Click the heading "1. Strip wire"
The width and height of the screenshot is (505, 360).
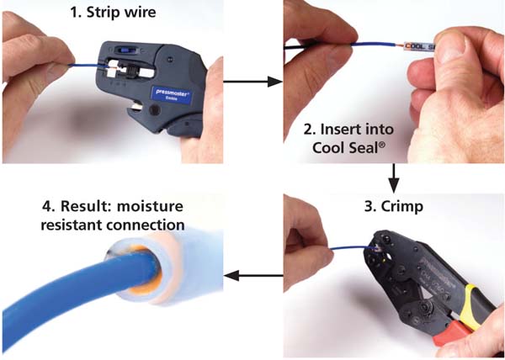[x=113, y=13]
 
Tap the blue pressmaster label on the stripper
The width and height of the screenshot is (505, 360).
[x=173, y=96]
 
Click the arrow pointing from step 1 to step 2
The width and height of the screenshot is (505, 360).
[x=252, y=82]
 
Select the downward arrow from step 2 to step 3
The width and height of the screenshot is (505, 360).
[x=394, y=178]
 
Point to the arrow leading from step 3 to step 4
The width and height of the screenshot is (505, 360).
[x=253, y=275]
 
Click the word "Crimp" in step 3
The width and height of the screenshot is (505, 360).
[x=402, y=207]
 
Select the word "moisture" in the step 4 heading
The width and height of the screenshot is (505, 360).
[x=150, y=206]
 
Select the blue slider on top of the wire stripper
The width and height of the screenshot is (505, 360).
[x=122, y=50]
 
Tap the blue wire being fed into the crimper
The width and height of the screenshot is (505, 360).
[x=351, y=248]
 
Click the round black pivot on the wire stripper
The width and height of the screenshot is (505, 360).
[x=155, y=110]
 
